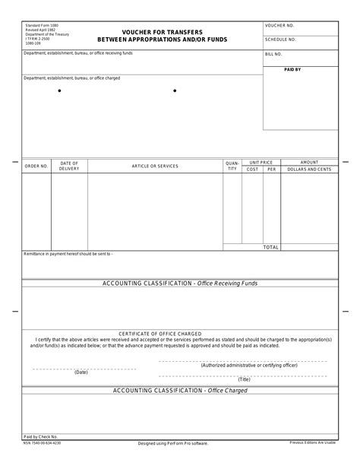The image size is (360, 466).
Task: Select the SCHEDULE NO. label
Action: point(280,40)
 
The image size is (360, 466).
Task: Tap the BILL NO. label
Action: point(273,54)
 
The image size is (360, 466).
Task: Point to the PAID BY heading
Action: point(292,69)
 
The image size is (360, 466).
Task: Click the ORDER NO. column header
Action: point(36,166)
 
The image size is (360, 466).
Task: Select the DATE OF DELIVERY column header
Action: point(69,166)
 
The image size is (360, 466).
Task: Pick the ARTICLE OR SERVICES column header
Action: point(155,166)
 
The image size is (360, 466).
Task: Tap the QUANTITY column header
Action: point(232,166)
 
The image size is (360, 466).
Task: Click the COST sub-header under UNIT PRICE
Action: point(252,169)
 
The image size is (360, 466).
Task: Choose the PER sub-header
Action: point(271,169)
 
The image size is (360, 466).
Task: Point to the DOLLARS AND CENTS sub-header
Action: point(309,169)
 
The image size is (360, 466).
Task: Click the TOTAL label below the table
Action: point(270,247)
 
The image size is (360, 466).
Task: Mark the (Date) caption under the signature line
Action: point(81,372)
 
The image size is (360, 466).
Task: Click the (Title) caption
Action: point(243,379)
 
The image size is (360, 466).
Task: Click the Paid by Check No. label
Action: point(41,436)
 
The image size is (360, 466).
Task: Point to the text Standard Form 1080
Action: point(42,25)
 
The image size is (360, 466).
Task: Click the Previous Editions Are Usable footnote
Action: point(313,442)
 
